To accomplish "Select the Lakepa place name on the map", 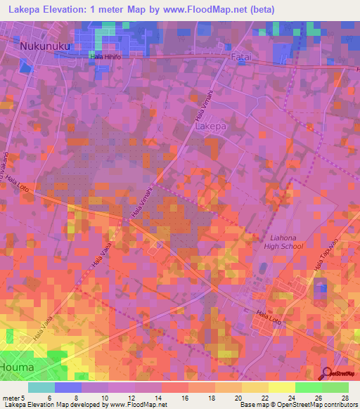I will pos(210,127).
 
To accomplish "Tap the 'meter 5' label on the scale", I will pos(13,398).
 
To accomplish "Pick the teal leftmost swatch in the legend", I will pos(41,387).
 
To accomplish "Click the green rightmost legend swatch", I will pos(335,387).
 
